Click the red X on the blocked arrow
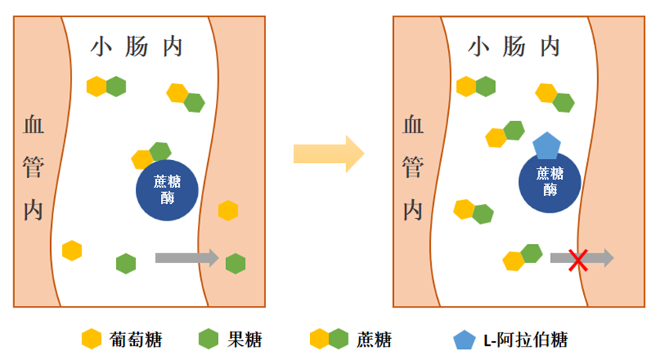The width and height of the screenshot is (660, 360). (x=578, y=259)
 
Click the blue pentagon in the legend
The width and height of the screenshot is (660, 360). (x=464, y=340)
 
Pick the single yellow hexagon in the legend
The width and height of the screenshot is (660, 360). (x=92, y=340)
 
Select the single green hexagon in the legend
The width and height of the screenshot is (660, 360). (x=207, y=340)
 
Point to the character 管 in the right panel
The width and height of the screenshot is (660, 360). (x=413, y=166)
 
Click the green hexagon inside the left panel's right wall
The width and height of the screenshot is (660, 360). (x=235, y=264)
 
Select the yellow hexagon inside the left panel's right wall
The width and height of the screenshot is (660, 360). (x=228, y=210)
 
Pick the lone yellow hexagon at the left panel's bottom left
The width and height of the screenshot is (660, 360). (x=72, y=250)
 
